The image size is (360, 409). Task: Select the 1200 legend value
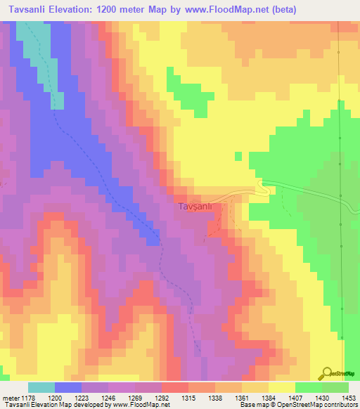click(54, 398)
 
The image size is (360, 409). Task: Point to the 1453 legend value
click(349, 398)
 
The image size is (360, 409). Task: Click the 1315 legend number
click(188, 398)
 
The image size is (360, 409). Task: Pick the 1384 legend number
click(269, 398)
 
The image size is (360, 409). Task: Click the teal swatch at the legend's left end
click(41, 387)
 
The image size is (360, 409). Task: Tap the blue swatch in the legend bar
click(68, 387)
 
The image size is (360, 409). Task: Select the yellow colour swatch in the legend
click(281, 387)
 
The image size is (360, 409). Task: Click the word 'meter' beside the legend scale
click(9, 398)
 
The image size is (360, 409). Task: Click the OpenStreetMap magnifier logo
click(326, 373)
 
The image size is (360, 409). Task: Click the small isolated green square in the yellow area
click(238, 156)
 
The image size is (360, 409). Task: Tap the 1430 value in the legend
click(322, 398)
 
